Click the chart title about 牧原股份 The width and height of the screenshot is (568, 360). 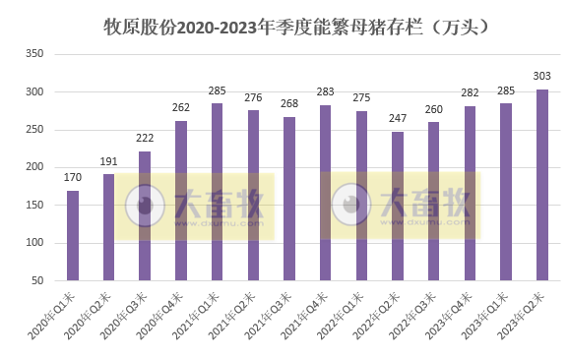(x=296, y=27)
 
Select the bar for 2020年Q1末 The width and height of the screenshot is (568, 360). (x=73, y=236)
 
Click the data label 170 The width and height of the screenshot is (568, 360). (x=73, y=179)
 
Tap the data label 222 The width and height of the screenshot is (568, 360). (x=145, y=140)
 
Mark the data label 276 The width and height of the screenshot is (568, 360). (x=253, y=98)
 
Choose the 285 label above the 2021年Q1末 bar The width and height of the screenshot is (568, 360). (x=217, y=91)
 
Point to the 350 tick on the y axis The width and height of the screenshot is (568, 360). (x=36, y=54)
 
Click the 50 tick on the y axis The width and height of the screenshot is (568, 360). (x=39, y=281)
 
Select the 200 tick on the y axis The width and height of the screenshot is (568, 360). (x=36, y=168)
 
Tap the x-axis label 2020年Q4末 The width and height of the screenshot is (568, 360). (x=163, y=314)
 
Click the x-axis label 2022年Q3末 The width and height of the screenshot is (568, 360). (x=416, y=314)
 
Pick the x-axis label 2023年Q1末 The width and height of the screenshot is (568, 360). (x=488, y=314)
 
